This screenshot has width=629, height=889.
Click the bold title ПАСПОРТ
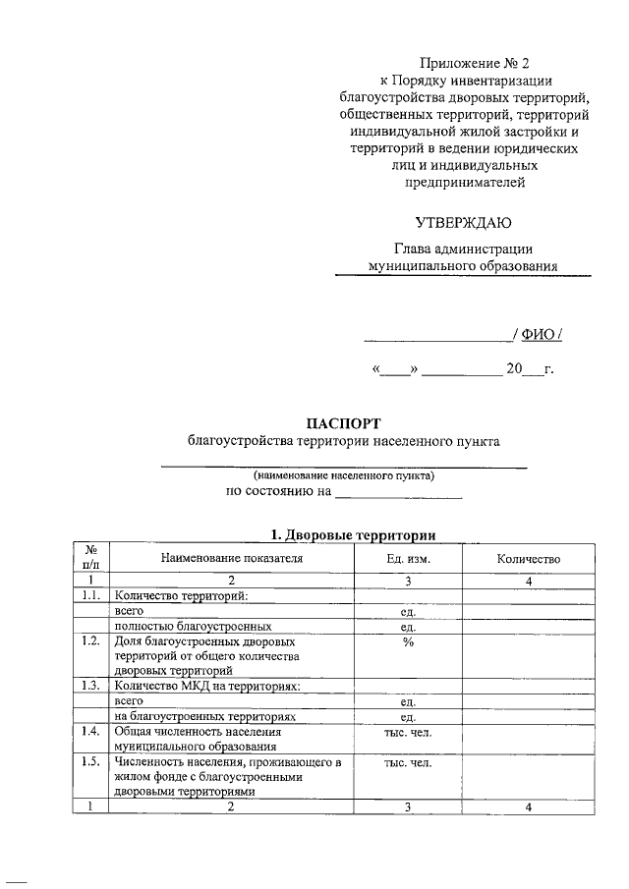(x=343, y=422)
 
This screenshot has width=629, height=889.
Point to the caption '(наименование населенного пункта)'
(x=343, y=475)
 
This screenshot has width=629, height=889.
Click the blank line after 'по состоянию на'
(x=398, y=495)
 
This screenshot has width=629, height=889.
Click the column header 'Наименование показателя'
(x=232, y=559)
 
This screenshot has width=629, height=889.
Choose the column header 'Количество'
(x=528, y=559)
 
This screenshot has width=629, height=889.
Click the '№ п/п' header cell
(x=89, y=559)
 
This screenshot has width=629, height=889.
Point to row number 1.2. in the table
(x=90, y=641)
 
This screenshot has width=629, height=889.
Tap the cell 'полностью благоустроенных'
(x=193, y=626)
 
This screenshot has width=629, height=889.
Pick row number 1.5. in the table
(x=90, y=762)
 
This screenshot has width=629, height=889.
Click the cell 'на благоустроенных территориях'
(x=204, y=717)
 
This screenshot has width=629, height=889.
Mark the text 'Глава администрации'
(x=463, y=249)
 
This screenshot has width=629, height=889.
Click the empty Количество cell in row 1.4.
(x=528, y=739)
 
